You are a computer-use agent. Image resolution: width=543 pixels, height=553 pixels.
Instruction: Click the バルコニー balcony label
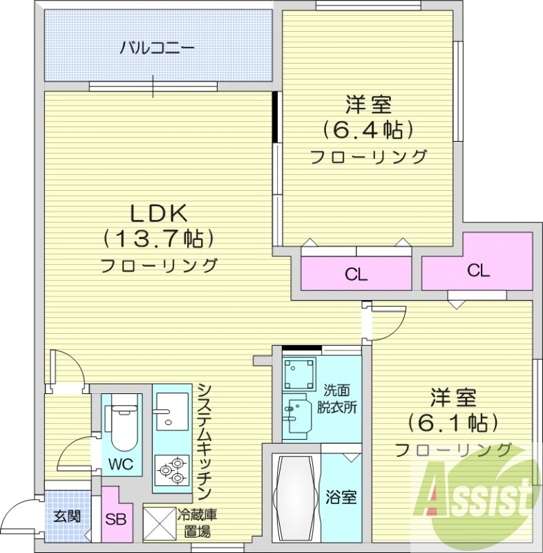point(158,48)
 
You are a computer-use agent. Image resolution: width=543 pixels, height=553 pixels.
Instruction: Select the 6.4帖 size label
point(368,129)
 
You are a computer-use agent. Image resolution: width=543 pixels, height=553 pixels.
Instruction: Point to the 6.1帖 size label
point(453,421)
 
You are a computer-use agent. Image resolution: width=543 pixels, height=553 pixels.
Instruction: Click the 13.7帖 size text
point(160,238)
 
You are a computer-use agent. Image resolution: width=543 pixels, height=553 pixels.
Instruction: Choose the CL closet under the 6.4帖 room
point(356,274)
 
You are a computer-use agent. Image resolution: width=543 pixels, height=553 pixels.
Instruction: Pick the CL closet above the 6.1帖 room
point(477,270)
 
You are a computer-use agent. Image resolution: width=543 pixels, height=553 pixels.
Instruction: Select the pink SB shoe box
point(115,518)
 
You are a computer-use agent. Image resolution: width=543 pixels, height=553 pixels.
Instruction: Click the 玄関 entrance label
point(68,516)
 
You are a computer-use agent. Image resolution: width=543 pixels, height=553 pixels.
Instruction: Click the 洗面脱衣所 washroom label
point(337,400)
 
